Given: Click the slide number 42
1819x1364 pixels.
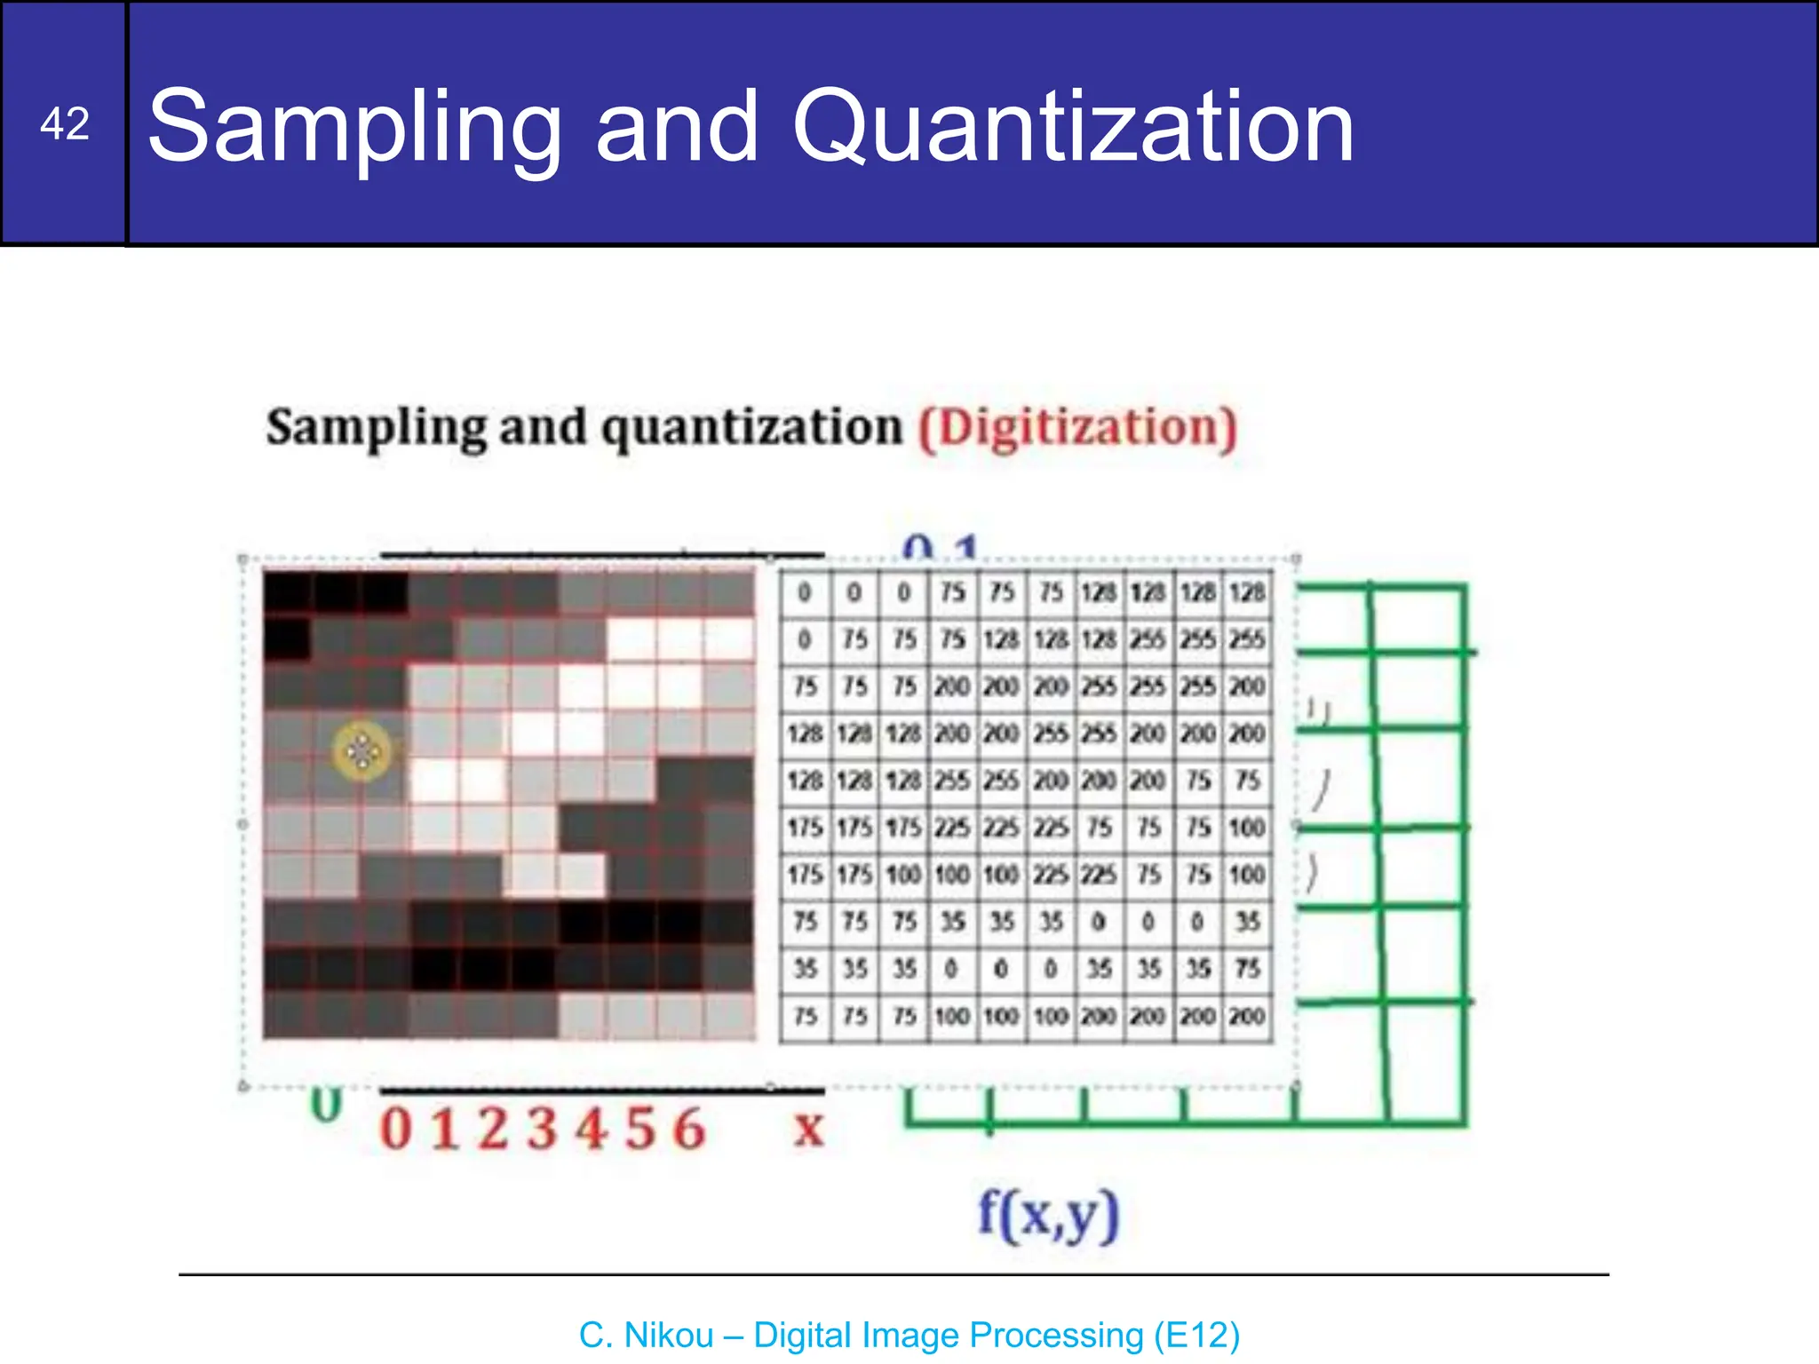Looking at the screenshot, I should pos(64,123).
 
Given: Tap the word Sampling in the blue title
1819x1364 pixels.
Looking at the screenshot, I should pos(353,127).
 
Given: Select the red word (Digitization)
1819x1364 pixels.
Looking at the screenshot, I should pos(1076,428).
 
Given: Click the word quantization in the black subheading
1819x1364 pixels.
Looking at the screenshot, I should pos(751,428).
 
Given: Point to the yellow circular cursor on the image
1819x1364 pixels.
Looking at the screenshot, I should pos(361,752).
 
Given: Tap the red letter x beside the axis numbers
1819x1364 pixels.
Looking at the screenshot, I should pos(808,1129).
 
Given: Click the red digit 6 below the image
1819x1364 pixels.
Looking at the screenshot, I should pos(688,1130).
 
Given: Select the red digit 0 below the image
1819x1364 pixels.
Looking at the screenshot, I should pos(396,1130).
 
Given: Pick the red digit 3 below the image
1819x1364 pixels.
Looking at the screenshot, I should pos(541,1130).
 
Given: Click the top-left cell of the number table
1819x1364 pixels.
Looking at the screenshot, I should pos(805,592).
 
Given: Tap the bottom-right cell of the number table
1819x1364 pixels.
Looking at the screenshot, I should pos(1247,1015).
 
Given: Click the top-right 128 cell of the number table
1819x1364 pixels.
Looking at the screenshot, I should pos(1247,592).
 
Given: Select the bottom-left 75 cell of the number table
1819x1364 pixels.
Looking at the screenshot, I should pos(805,1015).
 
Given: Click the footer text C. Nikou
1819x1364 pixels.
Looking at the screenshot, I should pos(646,1335).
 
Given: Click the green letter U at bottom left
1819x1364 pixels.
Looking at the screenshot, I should pos(326,1106).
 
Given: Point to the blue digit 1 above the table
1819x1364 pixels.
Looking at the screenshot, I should pos(966,548).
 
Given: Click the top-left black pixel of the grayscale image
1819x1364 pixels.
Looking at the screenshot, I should pos(288,591).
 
